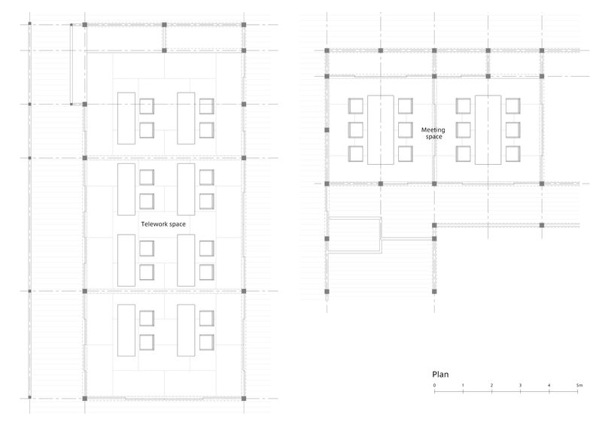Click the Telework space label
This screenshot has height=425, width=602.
click(x=163, y=224)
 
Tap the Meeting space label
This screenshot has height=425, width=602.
click(x=433, y=133)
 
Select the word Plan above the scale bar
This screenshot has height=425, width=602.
click(x=440, y=375)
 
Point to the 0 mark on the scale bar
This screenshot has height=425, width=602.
click(x=435, y=385)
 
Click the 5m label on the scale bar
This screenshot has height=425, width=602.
click(x=579, y=385)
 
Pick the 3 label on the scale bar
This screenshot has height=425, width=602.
click(x=520, y=385)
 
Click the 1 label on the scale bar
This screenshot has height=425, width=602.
click(x=463, y=385)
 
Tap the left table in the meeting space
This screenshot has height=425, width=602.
click(x=381, y=130)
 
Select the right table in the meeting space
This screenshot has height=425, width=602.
click(x=488, y=130)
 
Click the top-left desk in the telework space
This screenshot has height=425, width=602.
click(x=126, y=118)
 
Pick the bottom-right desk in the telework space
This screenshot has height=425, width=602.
click(x=186, y=330)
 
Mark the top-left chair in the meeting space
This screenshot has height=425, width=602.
click(x=355, y=106)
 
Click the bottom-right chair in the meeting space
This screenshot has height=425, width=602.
click(x=513, y=154)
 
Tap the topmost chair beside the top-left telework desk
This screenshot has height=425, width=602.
click(x=147, y=106)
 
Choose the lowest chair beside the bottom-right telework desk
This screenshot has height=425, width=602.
click(x=206, y=342)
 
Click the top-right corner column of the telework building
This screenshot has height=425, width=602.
click(x=244, y=25)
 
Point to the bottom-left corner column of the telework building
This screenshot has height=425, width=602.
click(x=85, y=399)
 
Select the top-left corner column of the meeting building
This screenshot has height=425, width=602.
click(x=327, y=50)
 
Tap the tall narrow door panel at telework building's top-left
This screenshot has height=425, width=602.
click(x=71, y=64)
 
